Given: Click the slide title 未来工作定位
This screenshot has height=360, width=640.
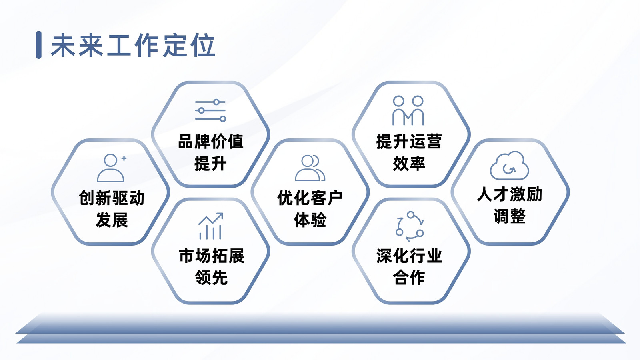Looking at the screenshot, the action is click(x=133, y=45).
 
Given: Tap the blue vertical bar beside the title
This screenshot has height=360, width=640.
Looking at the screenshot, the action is click(x=39, y=45).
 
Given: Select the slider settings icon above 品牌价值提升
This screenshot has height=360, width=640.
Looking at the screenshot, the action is click(x=210, y=110).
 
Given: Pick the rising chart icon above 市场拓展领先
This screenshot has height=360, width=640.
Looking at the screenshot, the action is click(x=211, y=226).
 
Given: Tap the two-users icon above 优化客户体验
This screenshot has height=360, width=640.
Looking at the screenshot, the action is click(x=310, y=168).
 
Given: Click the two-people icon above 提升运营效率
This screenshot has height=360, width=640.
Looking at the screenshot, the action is click(x=408, y=110).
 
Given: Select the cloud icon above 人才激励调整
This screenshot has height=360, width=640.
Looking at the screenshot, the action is click(x=510, y=165).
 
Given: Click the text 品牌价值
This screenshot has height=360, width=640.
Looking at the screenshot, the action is click(x=210, y=142).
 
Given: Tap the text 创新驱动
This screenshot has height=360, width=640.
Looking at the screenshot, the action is click(x=112, y=198).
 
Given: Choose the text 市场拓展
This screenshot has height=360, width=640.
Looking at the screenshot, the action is click(x=212, y=256).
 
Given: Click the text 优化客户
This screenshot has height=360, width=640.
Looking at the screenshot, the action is click(x=310, y=198).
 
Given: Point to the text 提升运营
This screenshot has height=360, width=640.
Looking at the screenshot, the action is click(x=409, y=142).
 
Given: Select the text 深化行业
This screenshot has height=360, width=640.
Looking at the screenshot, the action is click(x=409, y=256).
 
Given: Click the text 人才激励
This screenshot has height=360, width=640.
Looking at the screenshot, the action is click(x=510, y=194).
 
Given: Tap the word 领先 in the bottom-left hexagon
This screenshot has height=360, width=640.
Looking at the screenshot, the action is click(x=212, y=278).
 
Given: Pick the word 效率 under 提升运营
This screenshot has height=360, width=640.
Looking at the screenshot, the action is click(x=409, y=164).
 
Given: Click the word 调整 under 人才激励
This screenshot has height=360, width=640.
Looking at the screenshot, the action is click(x=510, y=216).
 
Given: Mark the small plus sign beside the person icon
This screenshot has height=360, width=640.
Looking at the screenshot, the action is click(x=124, y=158).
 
